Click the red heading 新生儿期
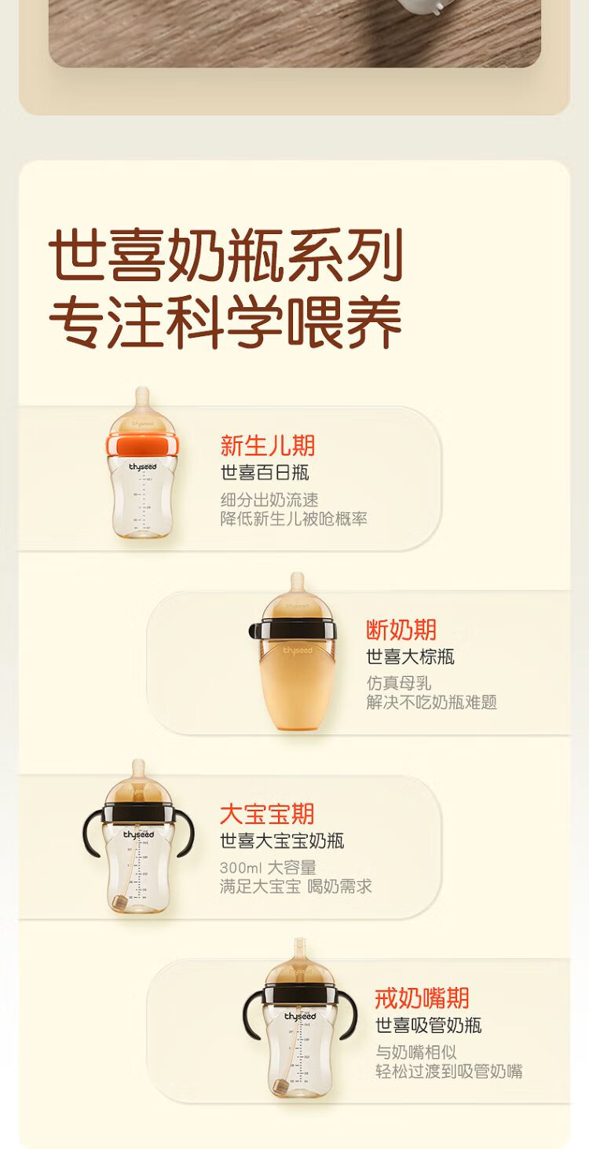click(x=267, y=445)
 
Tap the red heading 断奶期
click(x=401, y=630)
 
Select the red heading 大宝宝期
click(x=267, y=814)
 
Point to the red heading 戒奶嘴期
click(x=422, y=998)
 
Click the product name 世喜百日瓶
click(x=265, y=473)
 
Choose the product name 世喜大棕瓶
click(x=411, y=657)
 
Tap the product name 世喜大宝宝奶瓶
click(x=282, y=840)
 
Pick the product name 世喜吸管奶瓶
click(x=429, y=1026)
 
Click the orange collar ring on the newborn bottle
click(x=143, y=445)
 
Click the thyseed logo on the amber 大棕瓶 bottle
click(x=298, y=650)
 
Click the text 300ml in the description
click(x=241, y=868)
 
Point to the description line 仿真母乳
click(x=399, y=683)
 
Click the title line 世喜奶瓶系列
click(x=225, y=255)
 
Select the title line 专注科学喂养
click(x=225, y=322)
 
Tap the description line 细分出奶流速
click(x=269, y=499)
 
